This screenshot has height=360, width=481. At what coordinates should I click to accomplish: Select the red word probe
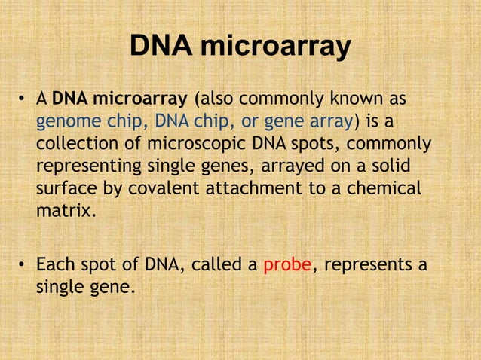pyautogui.click(x=287, y=265)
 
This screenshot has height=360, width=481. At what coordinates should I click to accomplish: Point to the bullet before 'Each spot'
pyautogui.click(x=23, y=266)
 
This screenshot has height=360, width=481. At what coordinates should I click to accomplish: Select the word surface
pyautogui.click(x=66, y=188)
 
